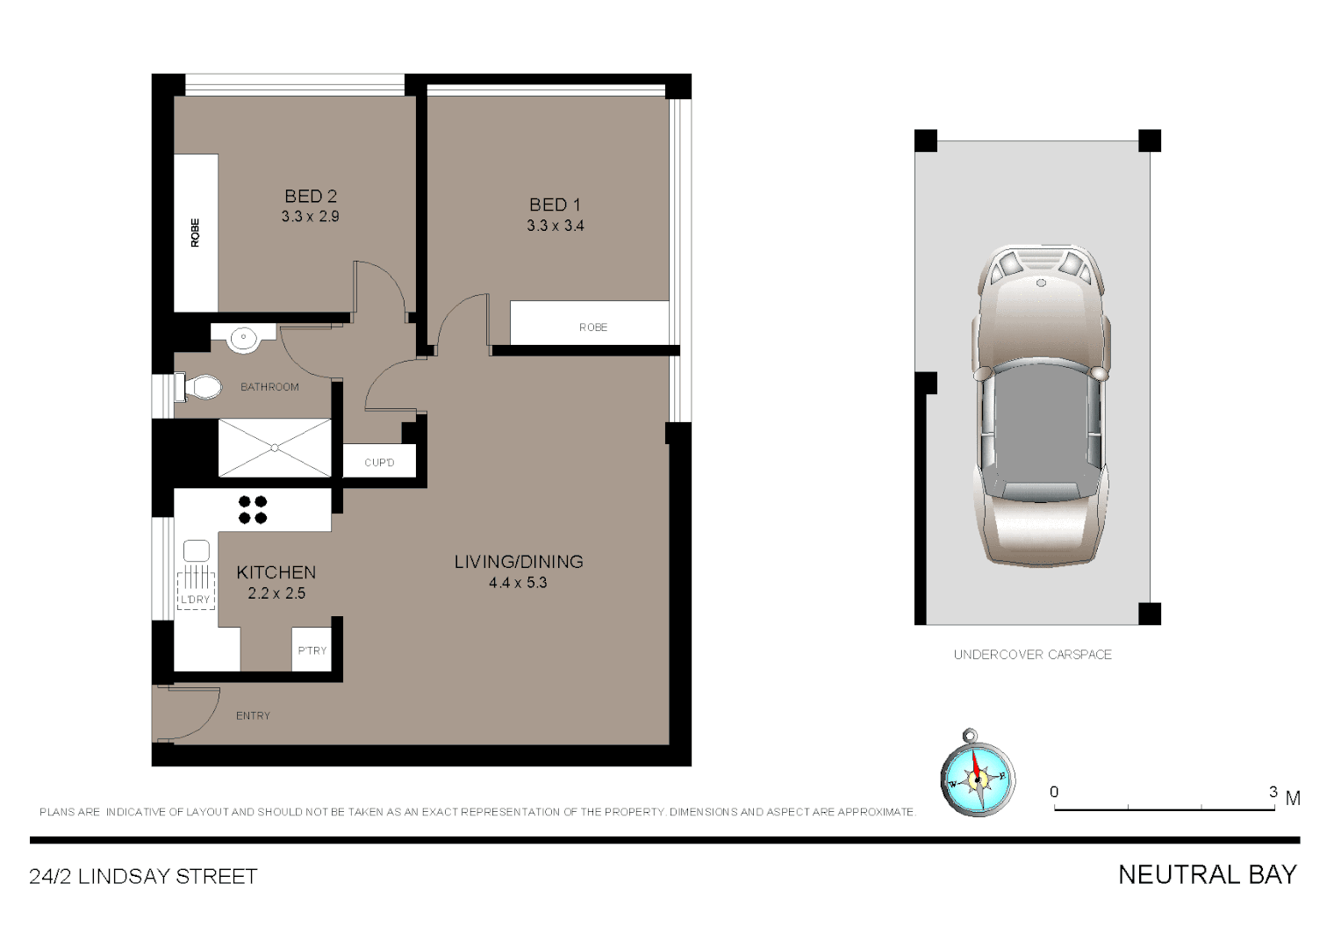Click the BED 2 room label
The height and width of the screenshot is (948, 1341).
pos(311,197)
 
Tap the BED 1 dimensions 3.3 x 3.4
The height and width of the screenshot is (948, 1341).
pos(555,226)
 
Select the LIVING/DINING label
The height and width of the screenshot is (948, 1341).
pos(519,562)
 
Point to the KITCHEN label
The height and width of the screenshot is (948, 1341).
pos(276,572)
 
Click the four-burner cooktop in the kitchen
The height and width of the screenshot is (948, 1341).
pos(253,510)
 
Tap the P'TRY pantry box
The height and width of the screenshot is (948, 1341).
pos(312,650)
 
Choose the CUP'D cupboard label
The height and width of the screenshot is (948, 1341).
pos(379,463)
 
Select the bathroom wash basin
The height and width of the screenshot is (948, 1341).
pos(242,338)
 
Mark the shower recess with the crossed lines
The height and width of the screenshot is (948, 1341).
pos(275,448)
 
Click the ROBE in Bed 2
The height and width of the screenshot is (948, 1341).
pos(196,233)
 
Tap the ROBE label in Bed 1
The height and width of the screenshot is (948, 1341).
pos(593,327)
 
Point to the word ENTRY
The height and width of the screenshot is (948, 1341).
pos(253,716)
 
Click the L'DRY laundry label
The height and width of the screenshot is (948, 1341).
pos(195,600)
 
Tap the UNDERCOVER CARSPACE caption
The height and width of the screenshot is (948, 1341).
pos(1032,655)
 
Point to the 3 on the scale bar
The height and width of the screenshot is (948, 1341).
pos(1273,792)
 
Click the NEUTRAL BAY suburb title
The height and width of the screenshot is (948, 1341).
pos(1207,875)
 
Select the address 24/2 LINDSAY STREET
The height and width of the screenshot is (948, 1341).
pos(143,877)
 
